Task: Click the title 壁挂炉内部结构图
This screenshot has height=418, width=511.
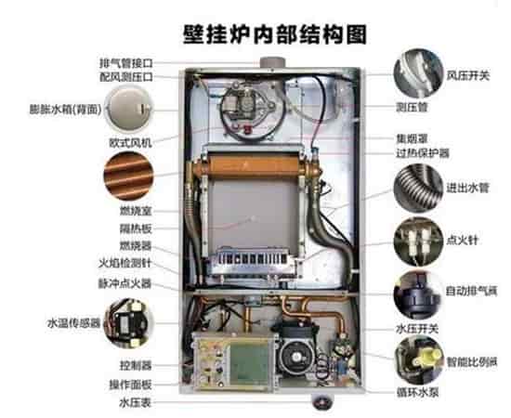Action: point(275,34)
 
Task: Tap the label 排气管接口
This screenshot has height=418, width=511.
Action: point(125,63)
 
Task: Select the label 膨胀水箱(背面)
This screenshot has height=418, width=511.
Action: point(65,110)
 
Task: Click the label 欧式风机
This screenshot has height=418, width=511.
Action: point(130,143)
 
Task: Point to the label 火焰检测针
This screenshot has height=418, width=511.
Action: point(125,263)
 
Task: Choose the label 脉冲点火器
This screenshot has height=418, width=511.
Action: point(125,283)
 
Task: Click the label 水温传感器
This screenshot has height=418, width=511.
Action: point(73,323)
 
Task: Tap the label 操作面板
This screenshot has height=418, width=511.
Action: point(130,385)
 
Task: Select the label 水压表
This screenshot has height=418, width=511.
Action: point(136,403)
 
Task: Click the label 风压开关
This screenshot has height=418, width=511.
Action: point(468,76)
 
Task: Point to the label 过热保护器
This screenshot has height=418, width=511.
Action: point(423,153)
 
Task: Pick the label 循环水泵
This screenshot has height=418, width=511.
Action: point(417,392)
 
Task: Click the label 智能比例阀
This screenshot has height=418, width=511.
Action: point(472,362)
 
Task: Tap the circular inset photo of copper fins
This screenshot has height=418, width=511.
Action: point(128,176)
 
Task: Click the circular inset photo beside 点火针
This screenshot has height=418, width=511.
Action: point(418,242)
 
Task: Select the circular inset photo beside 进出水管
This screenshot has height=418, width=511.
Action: point(418,189)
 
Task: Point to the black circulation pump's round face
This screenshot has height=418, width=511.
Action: point(295,358)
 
